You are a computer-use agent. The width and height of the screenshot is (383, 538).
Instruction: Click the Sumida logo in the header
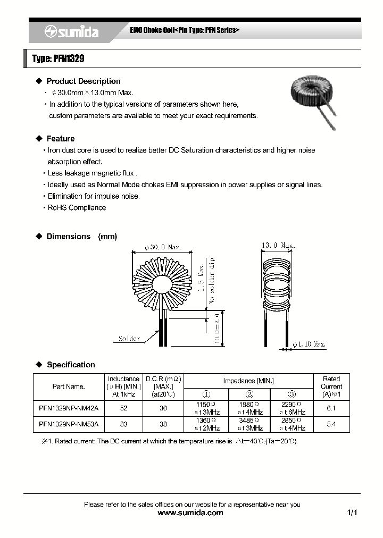71,32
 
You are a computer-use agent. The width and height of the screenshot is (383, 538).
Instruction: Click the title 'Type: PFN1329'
58,59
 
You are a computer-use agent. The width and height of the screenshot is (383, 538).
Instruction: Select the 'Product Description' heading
83,81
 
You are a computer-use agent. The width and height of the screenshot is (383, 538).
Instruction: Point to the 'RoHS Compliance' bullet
77,208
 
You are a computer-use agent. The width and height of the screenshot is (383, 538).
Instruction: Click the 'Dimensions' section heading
69,237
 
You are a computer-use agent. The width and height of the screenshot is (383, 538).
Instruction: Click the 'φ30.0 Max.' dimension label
163,247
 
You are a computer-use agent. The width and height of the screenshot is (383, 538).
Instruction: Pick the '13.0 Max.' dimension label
278,246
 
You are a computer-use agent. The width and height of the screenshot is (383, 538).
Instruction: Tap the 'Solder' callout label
129,339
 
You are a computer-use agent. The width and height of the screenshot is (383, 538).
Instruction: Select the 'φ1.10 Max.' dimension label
309,344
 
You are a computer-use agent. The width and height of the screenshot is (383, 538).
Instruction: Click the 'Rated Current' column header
331,386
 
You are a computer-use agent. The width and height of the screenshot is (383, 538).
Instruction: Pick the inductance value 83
123,424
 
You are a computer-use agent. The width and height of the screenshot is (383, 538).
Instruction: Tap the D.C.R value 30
163,408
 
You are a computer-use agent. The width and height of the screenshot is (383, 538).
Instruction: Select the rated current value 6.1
331,408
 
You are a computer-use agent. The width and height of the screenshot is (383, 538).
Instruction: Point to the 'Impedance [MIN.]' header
248,381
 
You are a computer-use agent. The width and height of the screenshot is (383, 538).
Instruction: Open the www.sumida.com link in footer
191,513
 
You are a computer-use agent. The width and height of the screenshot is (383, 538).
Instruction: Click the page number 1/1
352,513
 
